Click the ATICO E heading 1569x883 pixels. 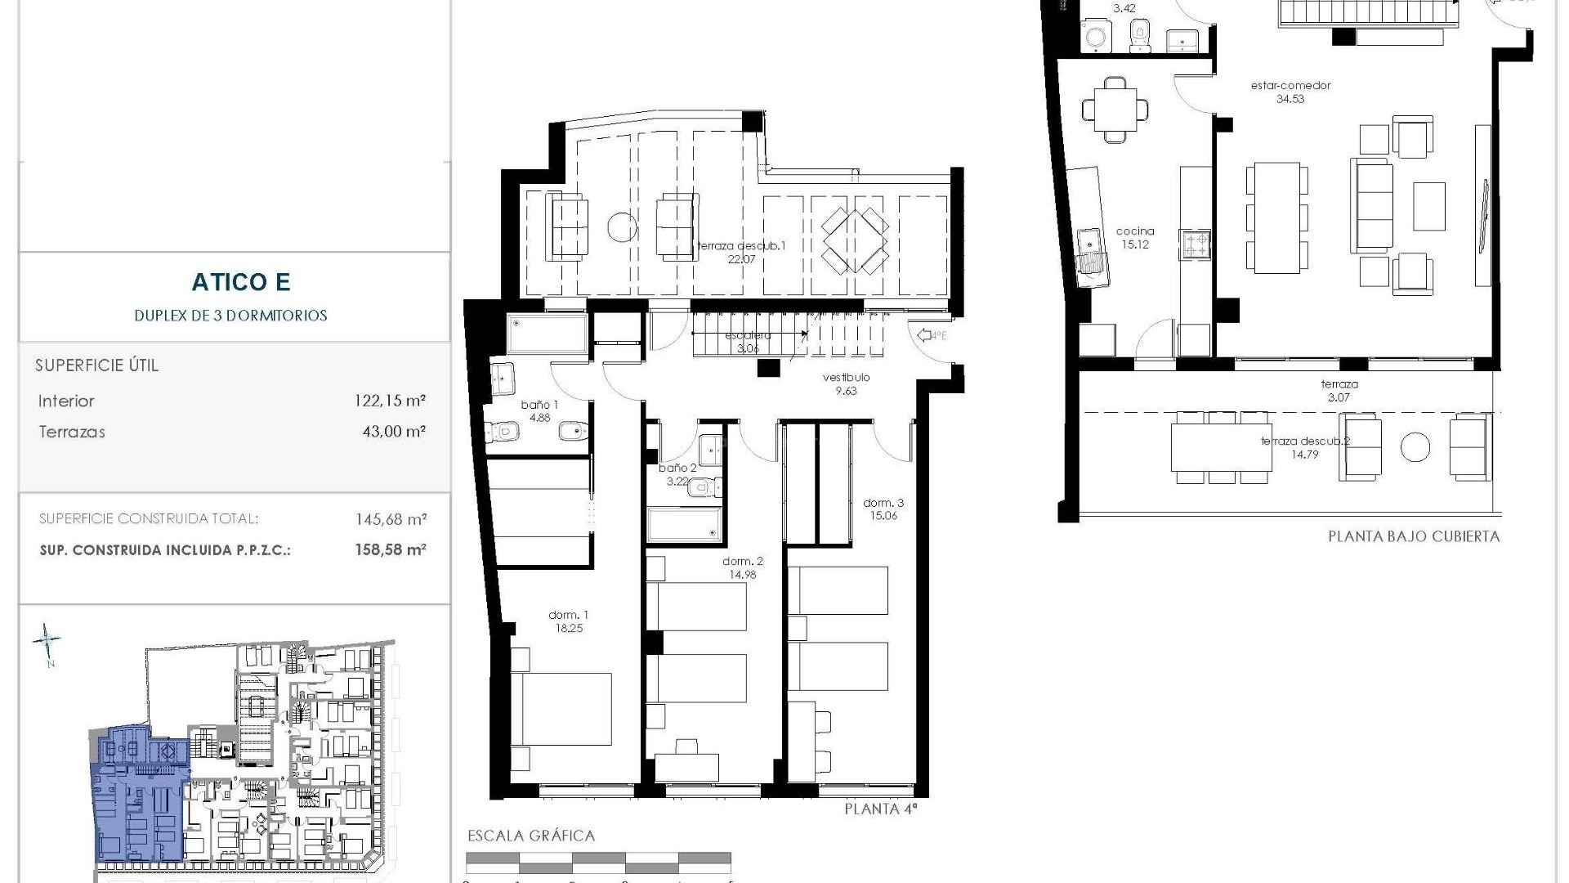click(241, 282)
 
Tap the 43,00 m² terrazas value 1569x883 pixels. click(394, 432)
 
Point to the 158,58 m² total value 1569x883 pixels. click(391, 550)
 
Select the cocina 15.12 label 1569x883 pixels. click(1135, 237)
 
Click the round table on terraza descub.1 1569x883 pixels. click(622, 226)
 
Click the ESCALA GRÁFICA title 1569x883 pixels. click(530, 836)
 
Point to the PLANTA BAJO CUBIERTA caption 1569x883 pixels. click(1414, 537)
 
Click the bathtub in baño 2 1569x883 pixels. click(684, 526)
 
